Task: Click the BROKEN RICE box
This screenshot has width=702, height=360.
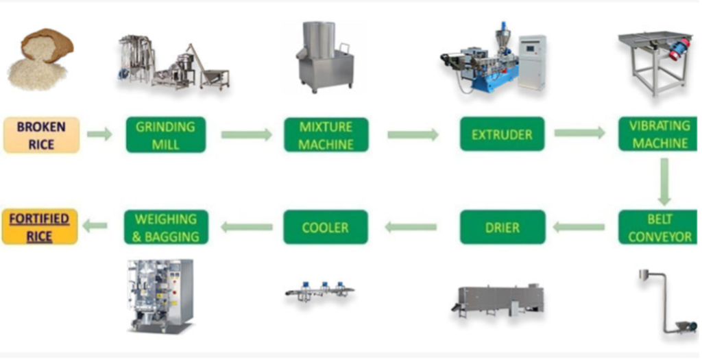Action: [x=42, y=135]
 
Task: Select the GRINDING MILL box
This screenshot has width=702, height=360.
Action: [x=166, y=135]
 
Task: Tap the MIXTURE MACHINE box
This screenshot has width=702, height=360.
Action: [x=326, y=135]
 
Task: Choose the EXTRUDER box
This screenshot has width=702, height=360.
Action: [x=502, y=134]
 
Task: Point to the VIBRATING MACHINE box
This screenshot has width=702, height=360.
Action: [x=658, y=134]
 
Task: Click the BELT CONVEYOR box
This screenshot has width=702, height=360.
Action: [x=658, y=228]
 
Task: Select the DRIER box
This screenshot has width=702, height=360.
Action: [x=503, y=227]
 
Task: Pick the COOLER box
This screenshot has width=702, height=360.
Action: [x=326, y=227]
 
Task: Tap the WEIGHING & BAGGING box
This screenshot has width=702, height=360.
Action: [x=166, y=227]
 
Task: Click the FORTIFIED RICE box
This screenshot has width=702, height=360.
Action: [x=40, y=227]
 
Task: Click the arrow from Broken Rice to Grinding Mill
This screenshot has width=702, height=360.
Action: [x=99, y=134]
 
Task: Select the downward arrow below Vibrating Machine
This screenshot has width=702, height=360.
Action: [x=664, y=181]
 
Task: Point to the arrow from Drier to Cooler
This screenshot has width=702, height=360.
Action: [x=411, y=227]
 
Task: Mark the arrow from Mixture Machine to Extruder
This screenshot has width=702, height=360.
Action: [x=413, y=134]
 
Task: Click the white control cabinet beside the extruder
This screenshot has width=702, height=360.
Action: [x=532, y=62]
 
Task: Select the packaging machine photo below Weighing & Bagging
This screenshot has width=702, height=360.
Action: [x=160, y=296]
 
